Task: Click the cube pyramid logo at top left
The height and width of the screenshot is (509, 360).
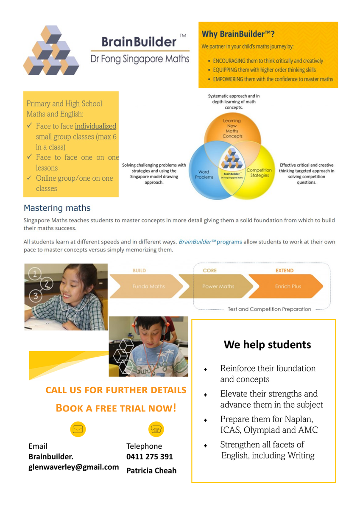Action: point(51,50)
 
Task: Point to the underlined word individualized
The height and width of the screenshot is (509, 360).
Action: point(95,126)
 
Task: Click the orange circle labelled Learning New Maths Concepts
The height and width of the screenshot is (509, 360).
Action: point(232,129)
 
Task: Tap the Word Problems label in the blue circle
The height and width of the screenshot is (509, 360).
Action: point(204,174)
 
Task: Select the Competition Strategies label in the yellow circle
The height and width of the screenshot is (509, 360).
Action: point(259,173)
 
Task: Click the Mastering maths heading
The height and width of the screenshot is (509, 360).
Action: point(57,208)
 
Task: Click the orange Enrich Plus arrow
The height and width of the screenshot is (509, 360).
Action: point(287,286)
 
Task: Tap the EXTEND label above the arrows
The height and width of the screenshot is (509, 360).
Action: point(285,271)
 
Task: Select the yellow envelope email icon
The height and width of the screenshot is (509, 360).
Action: point(78,429)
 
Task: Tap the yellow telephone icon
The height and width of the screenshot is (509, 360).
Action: point(156,429)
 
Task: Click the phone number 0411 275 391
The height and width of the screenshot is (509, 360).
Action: point(150,457)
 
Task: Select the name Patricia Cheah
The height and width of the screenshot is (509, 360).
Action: point(151,470)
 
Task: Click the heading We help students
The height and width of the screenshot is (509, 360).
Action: point(267,345)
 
